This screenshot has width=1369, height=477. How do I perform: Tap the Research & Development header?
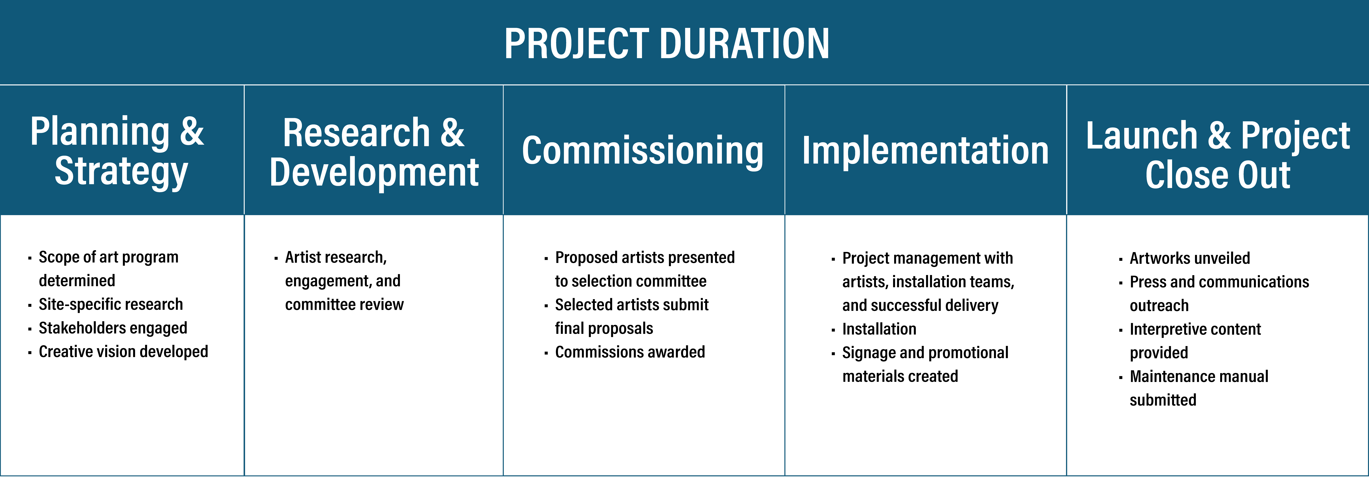pyautogui.click(x=374, y=153)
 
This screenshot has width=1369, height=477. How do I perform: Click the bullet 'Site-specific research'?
pyautogui.click(x=111, y=304)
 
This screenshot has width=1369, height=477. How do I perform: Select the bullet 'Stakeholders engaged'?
pyautogui.click(x=113, y=328)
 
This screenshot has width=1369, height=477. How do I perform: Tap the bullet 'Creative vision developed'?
pyautogui.click(x=123, y=352)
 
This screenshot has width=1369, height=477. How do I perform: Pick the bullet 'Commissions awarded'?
pyautogui.click(x=630, y=352)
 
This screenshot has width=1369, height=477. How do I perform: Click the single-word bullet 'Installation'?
pyautogui.click(x=879, y=329)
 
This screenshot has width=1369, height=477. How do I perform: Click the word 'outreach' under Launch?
pyautogui.click(x=1159, y=306)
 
